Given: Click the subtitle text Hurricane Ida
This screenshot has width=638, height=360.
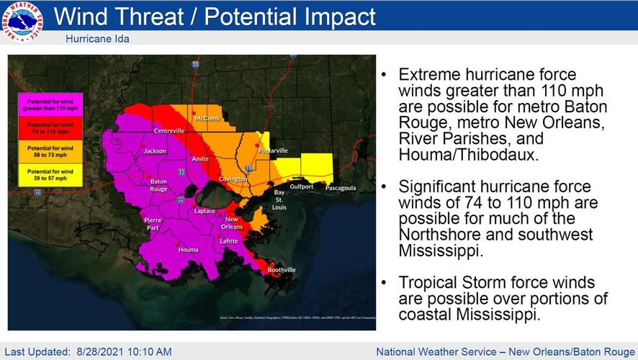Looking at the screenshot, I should pos(97,39).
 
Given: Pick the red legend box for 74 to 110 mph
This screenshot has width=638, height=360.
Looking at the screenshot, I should pos(51,128).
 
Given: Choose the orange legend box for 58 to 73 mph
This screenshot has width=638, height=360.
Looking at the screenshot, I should pos(51,151).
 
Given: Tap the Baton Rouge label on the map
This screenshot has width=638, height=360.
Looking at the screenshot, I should pos(158,186).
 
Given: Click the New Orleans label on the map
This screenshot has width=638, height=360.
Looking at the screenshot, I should pos(232,223).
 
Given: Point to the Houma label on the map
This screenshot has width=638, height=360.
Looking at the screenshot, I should pos(188,250).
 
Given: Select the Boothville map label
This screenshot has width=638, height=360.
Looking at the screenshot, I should pos(282,270).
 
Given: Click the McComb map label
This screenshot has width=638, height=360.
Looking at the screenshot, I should pos(207,118).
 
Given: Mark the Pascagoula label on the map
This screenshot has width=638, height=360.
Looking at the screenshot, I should pos(341,188).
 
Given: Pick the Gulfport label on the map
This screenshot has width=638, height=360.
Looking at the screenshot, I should pos(302,186).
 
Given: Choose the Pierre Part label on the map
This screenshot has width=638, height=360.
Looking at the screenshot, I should pos(153,223).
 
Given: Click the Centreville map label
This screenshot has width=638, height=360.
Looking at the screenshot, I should pos(169,131).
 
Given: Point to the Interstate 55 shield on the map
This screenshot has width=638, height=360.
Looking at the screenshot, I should pos(195,65).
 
